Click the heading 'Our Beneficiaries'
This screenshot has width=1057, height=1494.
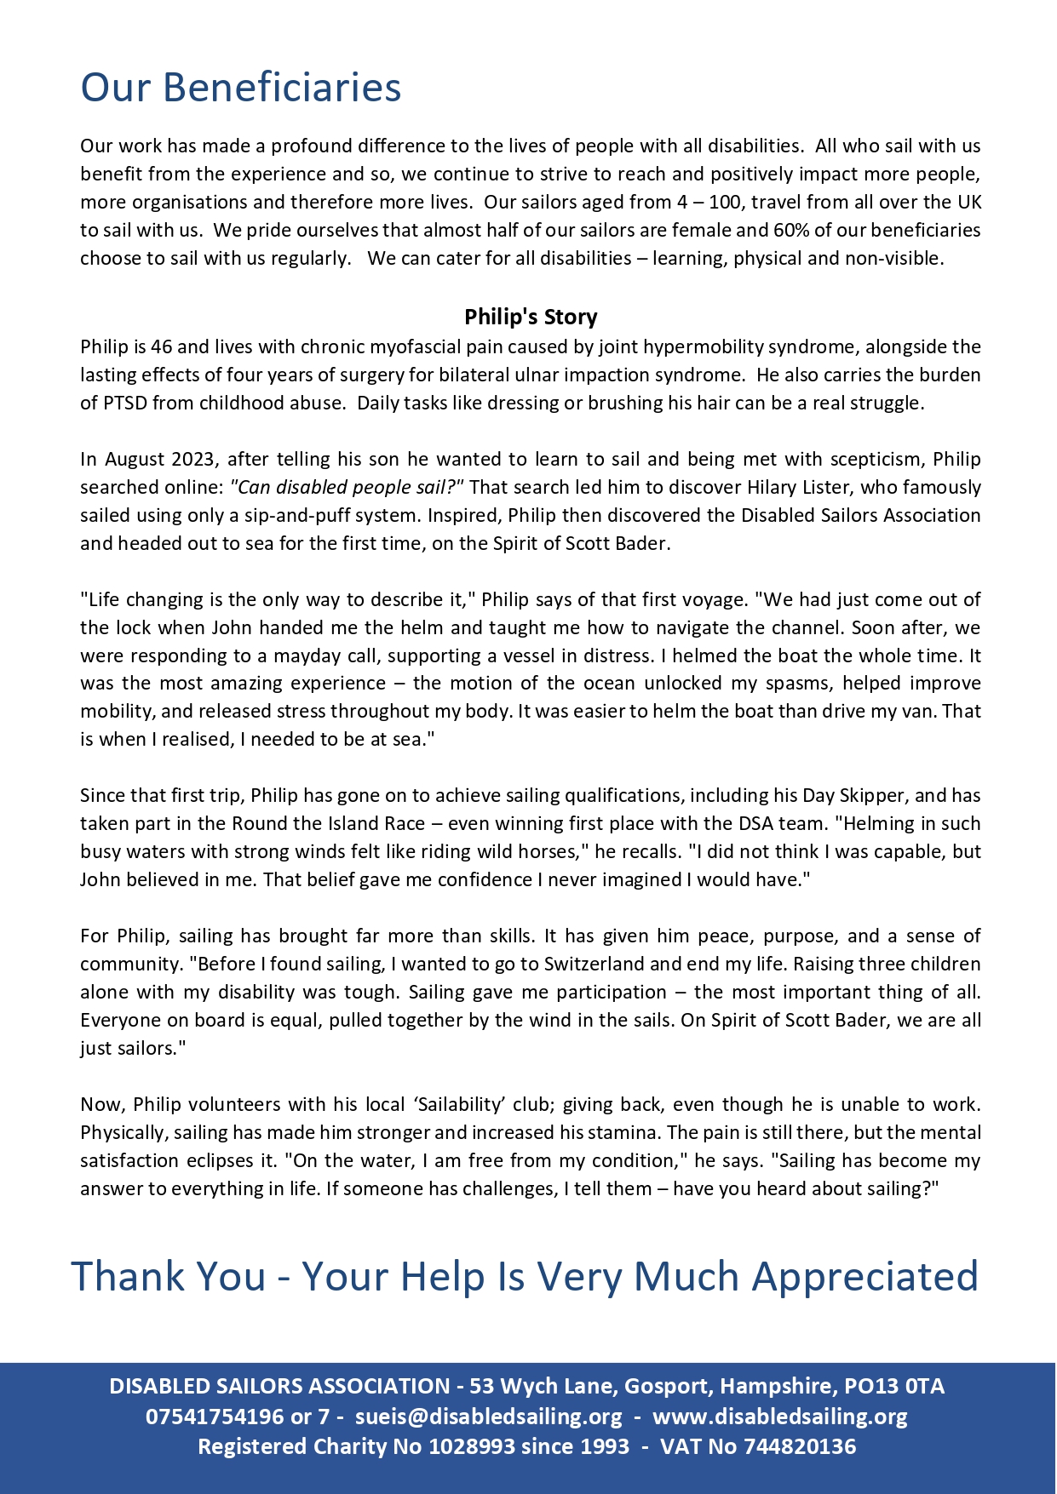pos(240,88)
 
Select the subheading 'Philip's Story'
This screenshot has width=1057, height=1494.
pos(531,318)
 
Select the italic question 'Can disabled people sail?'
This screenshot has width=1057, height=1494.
pos(347,488)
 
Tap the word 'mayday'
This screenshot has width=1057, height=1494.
pos(305,656)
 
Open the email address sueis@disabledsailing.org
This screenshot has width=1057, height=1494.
pos(489,1417)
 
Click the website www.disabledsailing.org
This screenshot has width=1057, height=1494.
pos(781,1417)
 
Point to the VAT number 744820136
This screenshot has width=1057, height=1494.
pos(800,1446)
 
